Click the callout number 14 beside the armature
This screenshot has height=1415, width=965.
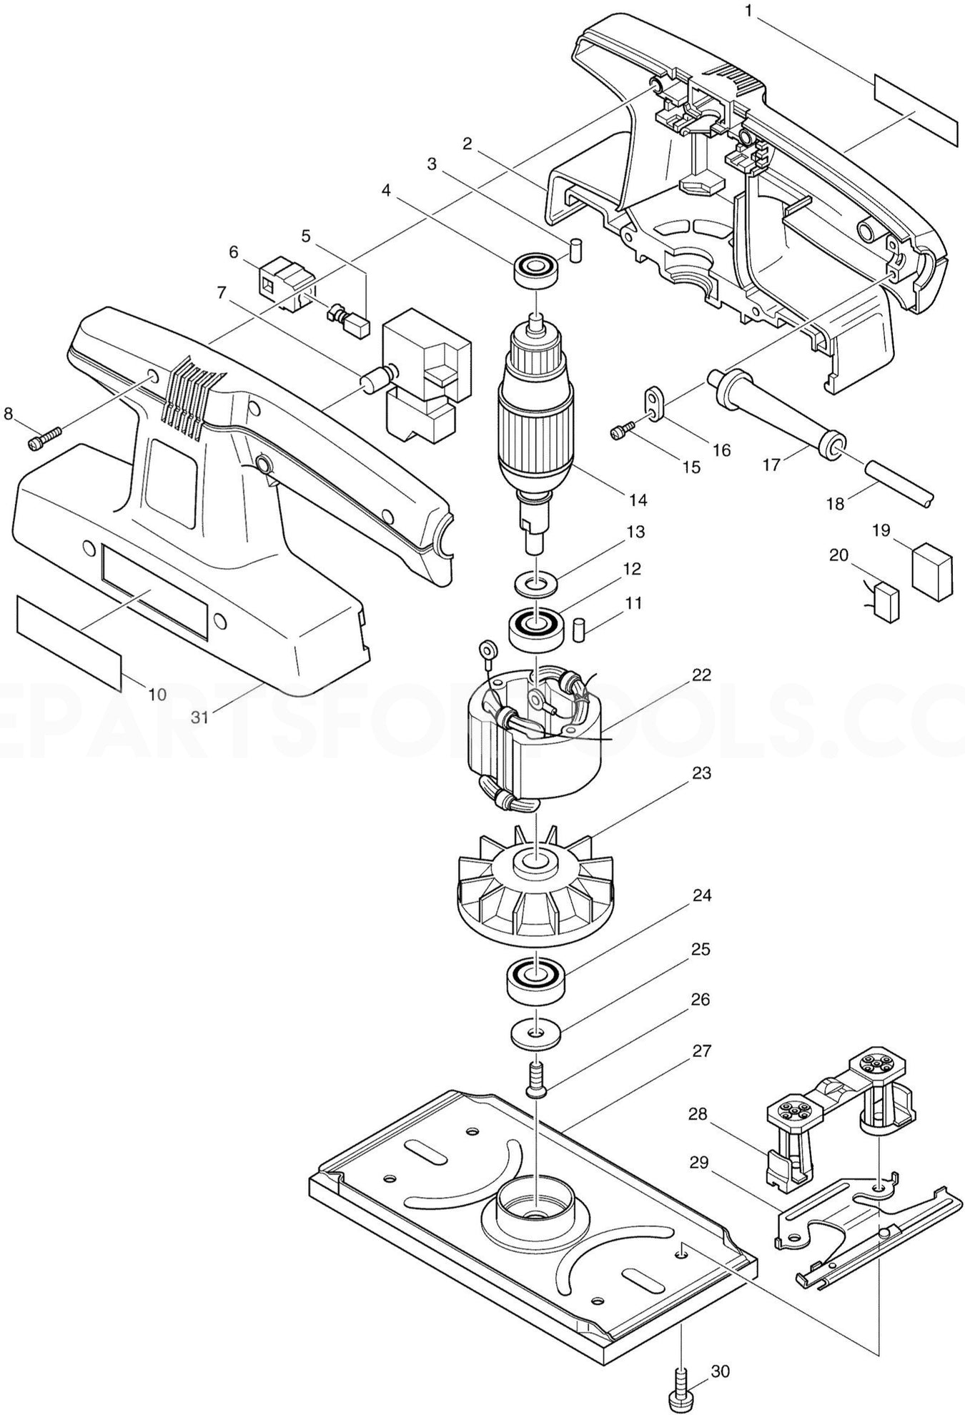coord(638,500)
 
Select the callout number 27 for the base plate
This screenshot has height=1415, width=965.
coord(701,1051)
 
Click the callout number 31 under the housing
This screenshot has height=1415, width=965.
coord(200,715)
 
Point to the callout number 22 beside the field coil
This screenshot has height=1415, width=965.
coord(701,675)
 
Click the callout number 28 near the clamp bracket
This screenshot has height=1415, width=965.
coord(698,1113)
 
